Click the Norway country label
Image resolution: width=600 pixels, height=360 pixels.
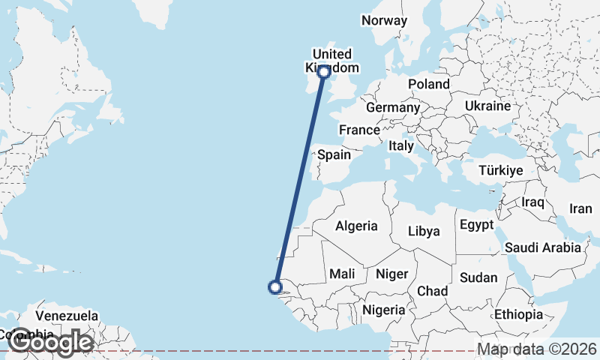click(384, 21)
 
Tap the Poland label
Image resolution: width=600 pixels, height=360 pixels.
click(429, 85)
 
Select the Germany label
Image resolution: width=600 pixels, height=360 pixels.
click(393, 108)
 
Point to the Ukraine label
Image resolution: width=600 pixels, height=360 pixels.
click(487, 106)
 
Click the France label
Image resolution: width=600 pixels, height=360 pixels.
click(359, 130)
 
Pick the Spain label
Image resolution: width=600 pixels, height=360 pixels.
click(334, 155)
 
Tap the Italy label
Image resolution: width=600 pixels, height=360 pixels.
click(400, 147)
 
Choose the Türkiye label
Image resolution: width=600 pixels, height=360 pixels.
click(500, 171)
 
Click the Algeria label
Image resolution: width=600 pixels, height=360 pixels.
click(357, 226)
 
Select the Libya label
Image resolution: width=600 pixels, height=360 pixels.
click(424, 232)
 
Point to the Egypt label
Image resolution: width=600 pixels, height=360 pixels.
click(476, 225)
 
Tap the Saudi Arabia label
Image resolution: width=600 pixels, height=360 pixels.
click(543, 247)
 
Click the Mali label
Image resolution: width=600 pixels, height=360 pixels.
click(342, 274)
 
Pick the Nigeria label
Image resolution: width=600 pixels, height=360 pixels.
click(384, 310)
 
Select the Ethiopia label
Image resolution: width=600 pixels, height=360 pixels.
click(518, 314)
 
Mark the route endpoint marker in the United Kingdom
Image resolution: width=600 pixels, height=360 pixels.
click(324, 72)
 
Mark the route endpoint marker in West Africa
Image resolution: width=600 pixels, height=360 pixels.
click(275, 286)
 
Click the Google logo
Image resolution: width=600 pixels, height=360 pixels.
click(50, 343)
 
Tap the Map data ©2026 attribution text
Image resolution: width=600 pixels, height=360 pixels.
click(537, 349)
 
